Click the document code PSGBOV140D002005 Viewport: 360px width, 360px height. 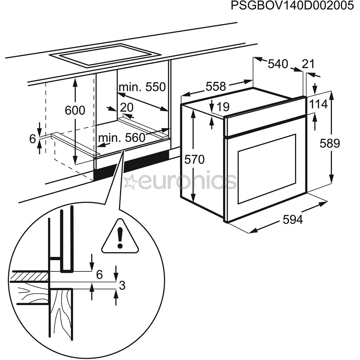(292, 6)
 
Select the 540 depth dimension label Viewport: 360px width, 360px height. (278, 63)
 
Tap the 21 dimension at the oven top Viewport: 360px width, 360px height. (308, 64)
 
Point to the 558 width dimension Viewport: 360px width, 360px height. (216, 86)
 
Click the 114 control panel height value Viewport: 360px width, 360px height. (318, 104)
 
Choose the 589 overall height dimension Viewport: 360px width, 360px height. (330, 143)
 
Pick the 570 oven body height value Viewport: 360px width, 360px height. (194, 160)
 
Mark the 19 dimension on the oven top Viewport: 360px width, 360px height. (223, 107)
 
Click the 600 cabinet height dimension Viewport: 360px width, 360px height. (75, 110)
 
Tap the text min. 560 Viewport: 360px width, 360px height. (122, 137)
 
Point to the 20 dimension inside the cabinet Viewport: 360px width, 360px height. (126, 107)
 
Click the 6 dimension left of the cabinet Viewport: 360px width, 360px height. (32, 139)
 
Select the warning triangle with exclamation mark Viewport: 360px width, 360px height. (120, 237)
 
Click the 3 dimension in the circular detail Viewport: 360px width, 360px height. (122, 285)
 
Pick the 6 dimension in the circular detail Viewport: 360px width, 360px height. (99, 275)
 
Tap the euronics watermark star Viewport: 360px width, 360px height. (130, 181)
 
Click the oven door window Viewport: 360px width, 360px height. (267, 169)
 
